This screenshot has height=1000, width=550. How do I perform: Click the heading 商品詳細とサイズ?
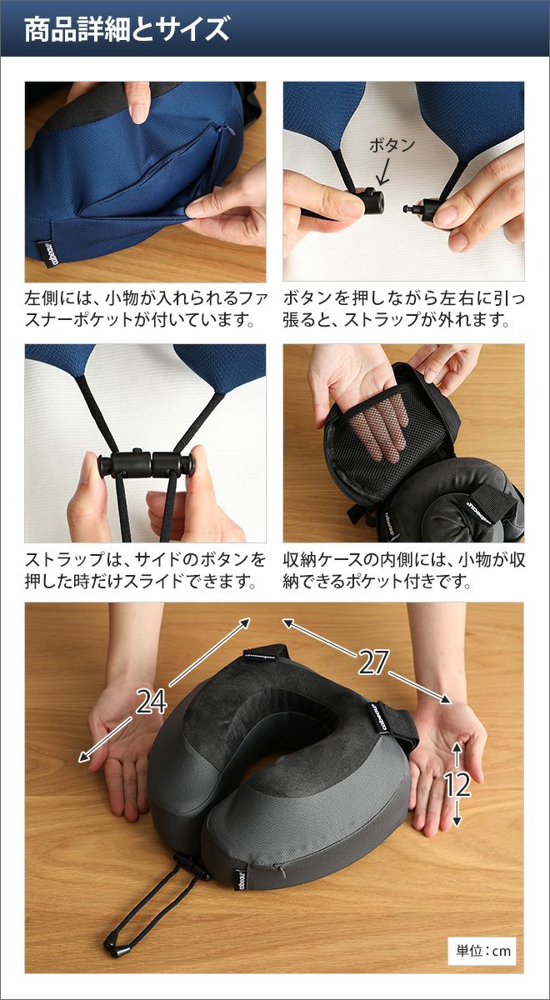(127, 29)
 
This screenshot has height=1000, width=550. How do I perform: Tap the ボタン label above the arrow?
(392, 146)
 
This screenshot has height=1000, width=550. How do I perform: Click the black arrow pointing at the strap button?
(384, 172)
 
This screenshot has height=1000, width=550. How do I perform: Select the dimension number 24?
(151, 701)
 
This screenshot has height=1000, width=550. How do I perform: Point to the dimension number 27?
(373, 662)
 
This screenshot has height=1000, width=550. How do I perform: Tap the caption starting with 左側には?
(146, 308)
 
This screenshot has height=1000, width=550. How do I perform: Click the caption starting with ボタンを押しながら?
(403, 308)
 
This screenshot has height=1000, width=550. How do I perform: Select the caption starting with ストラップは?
(146, 570)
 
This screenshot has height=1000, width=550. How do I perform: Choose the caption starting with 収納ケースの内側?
(403, 570)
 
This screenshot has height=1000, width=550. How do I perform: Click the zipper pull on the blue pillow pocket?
(228, 130)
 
